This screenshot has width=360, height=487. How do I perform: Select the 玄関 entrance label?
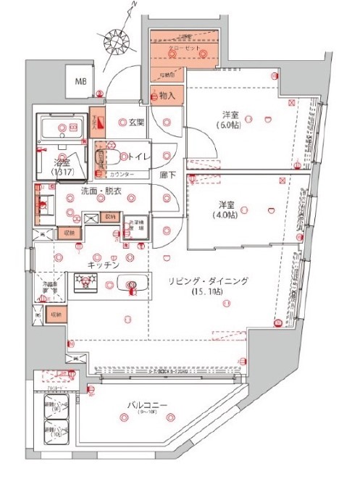point(137,122)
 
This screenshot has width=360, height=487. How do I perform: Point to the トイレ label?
point(139,155)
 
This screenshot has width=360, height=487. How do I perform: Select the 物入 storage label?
point(166,95)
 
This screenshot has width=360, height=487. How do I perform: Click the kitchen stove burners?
point(88,282)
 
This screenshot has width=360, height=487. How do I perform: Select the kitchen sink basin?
point(132,286)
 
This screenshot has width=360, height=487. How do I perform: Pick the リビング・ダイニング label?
point(216,280)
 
